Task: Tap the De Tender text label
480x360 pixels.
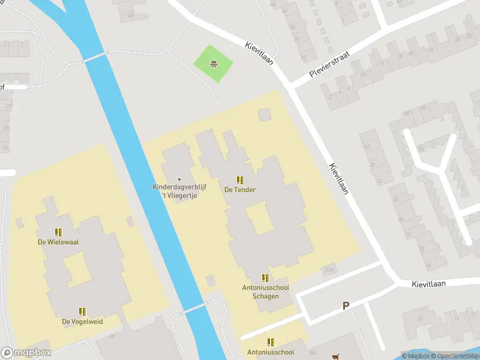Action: (240, 190)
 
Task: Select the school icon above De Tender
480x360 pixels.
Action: (240, 180)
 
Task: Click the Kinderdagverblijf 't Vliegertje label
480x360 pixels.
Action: (179, 191)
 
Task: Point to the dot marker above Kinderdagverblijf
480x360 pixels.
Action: (179, 179)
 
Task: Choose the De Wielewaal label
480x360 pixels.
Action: (58, 242)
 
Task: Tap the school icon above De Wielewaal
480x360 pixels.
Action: (58, 232)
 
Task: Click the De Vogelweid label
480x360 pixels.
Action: (82, 322)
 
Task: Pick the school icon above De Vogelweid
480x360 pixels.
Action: (82, 311)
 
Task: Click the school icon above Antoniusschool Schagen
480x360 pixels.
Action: (265, 278)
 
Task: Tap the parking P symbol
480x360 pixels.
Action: (346, 306)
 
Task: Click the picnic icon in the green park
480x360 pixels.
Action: (212, 64)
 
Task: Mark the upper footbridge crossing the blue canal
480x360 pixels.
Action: (95, 57)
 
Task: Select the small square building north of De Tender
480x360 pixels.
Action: (265, 114)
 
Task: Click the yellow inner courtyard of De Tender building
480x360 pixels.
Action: (259, 219)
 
